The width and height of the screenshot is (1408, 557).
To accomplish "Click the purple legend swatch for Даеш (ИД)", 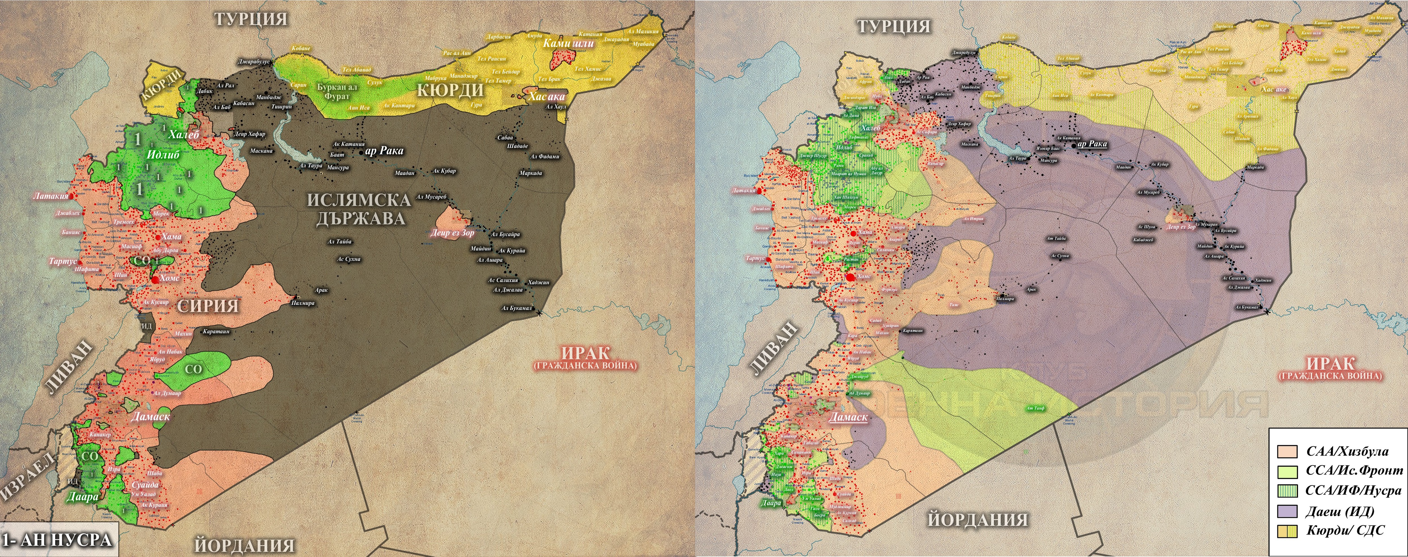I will click(1287, 511).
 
